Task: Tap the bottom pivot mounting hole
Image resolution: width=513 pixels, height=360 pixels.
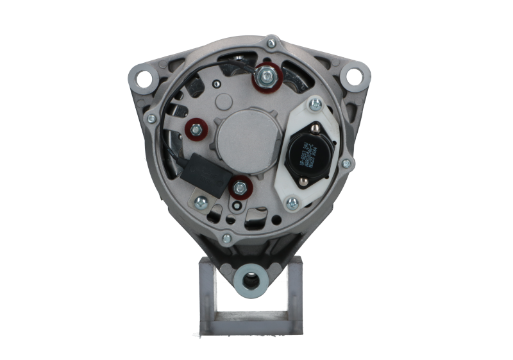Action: (251, 280)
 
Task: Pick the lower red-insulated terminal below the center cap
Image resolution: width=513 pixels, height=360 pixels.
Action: (239, 187)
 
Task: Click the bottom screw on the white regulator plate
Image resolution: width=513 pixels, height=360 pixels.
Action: (292, 204)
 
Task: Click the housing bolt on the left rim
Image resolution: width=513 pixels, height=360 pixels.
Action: (151, 118)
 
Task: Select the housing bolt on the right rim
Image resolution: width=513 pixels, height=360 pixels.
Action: (346, 163)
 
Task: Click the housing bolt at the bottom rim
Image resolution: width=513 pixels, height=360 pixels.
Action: (226, 239)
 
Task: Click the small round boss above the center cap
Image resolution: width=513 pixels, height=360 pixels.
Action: (223, 101)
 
